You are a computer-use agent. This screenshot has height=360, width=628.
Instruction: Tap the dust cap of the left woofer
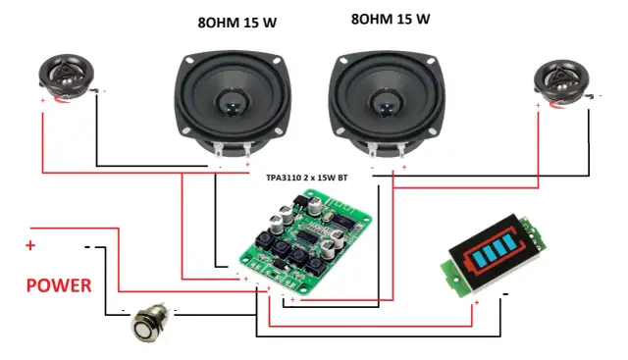tap(232, 99)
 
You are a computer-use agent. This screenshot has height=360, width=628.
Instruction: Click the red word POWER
tap(58, 286)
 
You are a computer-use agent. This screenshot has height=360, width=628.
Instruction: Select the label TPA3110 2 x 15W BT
tap(307, 179)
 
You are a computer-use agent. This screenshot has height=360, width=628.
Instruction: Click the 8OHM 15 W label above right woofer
tap(389, 19)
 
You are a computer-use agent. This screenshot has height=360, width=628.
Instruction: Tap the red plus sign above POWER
tap(30, 244)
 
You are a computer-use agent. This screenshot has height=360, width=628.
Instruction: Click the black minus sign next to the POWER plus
tap(87, 246)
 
